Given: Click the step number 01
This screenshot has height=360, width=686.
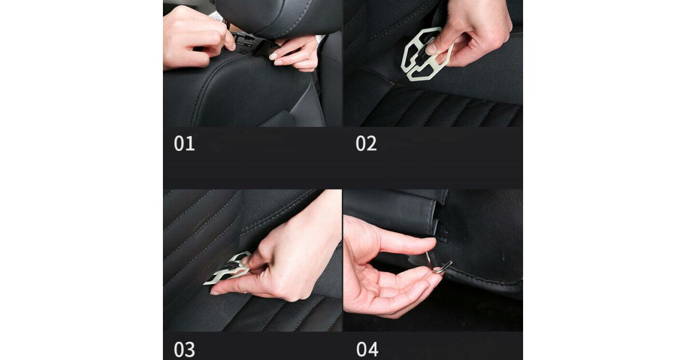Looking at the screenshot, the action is [x=184, y=143].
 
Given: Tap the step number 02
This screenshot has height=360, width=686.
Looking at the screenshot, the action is [x=366, y=143].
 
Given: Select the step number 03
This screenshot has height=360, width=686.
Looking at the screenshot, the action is [x=184, y=350].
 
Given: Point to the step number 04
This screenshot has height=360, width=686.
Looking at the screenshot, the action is [x=367, y=350].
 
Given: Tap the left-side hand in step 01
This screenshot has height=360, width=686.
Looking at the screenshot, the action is [x=198, y=37].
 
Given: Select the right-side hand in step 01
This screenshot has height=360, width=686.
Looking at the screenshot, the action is [x=294, y=54].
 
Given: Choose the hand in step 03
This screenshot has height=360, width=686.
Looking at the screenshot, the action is [x=282, y=260].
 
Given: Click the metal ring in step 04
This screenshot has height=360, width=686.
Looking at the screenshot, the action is [x=443, y=268].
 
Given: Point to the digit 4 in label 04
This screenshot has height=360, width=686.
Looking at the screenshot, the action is [x=373, y=350].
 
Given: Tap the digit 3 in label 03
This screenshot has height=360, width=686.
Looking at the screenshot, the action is [x=190, y=350].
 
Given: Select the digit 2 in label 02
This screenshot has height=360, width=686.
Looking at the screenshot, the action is [x=372, y=143].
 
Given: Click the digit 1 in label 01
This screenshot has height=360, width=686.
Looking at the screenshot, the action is [x=190, y=143].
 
